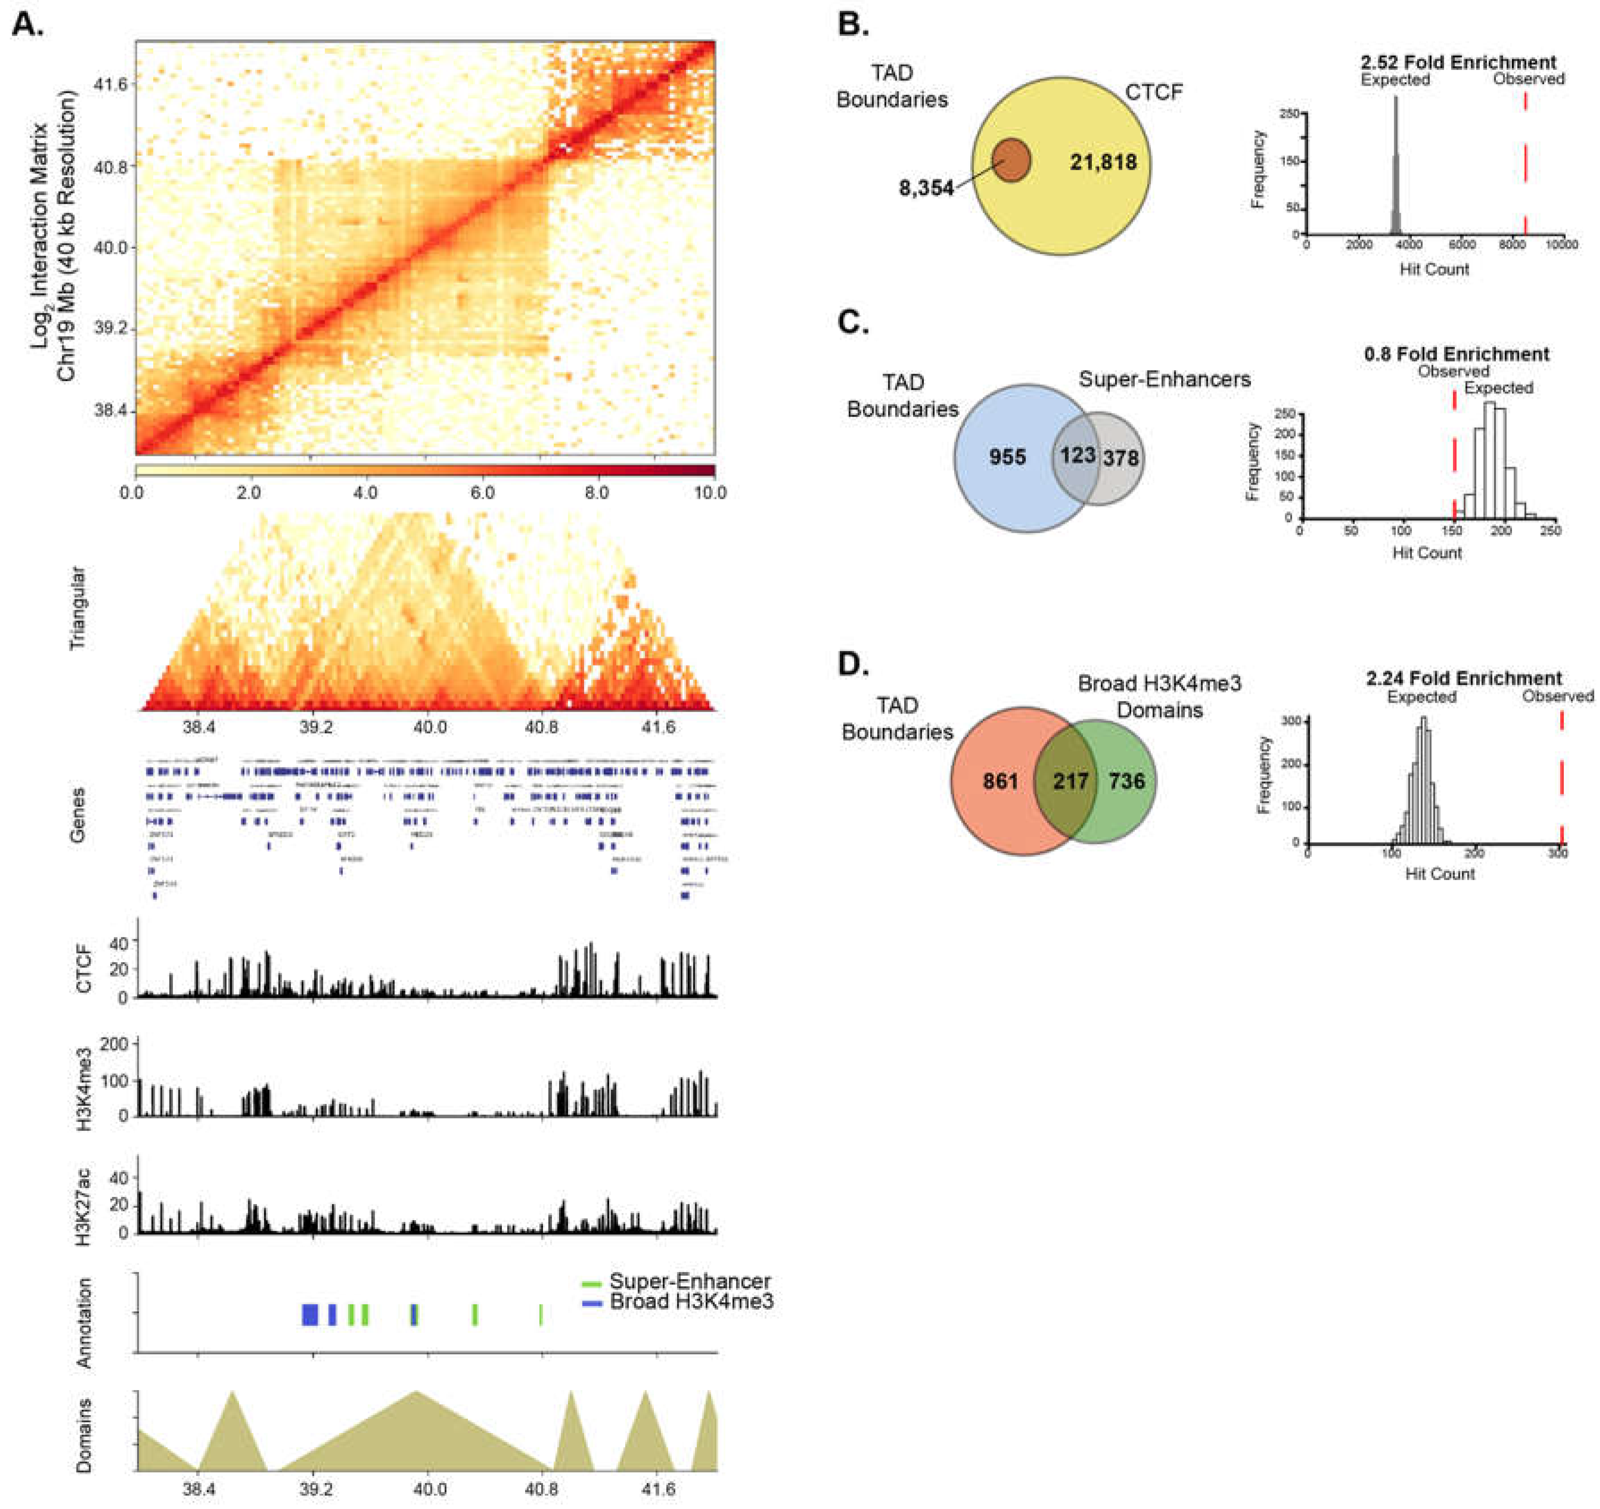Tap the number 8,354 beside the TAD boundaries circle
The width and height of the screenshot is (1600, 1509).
click(x=926, y=188)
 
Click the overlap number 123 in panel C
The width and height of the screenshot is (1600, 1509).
click(x=1077, y=455)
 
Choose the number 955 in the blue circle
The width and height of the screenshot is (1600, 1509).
click(x=1007, y=457)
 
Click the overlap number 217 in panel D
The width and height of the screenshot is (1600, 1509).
click(x=1070, y=781)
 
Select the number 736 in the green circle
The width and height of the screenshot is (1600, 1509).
click(x=1127, y=781)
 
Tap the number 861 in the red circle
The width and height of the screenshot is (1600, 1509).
click(x=1000, y=781)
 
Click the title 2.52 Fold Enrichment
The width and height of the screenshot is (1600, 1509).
click(x=1458, y=62)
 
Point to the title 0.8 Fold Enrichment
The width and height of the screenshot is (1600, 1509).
click(x=1457, y=354)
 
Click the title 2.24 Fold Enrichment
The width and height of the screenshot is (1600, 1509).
click(x=1463, y=679)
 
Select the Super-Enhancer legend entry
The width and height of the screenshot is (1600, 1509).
click(x=688, y=1281)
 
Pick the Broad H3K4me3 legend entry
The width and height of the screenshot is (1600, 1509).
click(x=691, y=1301)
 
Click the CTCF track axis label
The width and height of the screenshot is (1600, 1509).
click(x=83, y=969)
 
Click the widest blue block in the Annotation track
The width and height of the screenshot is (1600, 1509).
click(x=310, y=1315)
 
